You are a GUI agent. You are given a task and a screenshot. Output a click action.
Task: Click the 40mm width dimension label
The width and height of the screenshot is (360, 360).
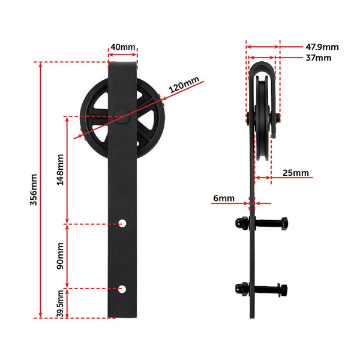pyautogui.click(x=123, y=46)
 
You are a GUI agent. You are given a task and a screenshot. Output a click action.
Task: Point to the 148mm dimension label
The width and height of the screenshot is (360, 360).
pyautogui.click(x=59, y=169)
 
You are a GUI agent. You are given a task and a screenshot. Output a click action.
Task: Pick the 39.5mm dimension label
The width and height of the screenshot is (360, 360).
pyautogui.click(x=59, y=304)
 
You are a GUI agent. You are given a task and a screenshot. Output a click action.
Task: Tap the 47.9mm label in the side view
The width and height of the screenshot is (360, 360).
pyautogui.click(x=322, y=46)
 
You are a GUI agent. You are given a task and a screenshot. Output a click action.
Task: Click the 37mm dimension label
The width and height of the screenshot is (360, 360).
pyautogui.click(x=318, y=58)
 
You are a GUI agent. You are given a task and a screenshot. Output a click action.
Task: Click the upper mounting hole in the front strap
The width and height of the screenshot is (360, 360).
pyautogui.click(x=122, y=224)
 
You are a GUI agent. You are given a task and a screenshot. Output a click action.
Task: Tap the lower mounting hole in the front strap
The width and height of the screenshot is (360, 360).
pyautogui.click(x=122, y=289)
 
